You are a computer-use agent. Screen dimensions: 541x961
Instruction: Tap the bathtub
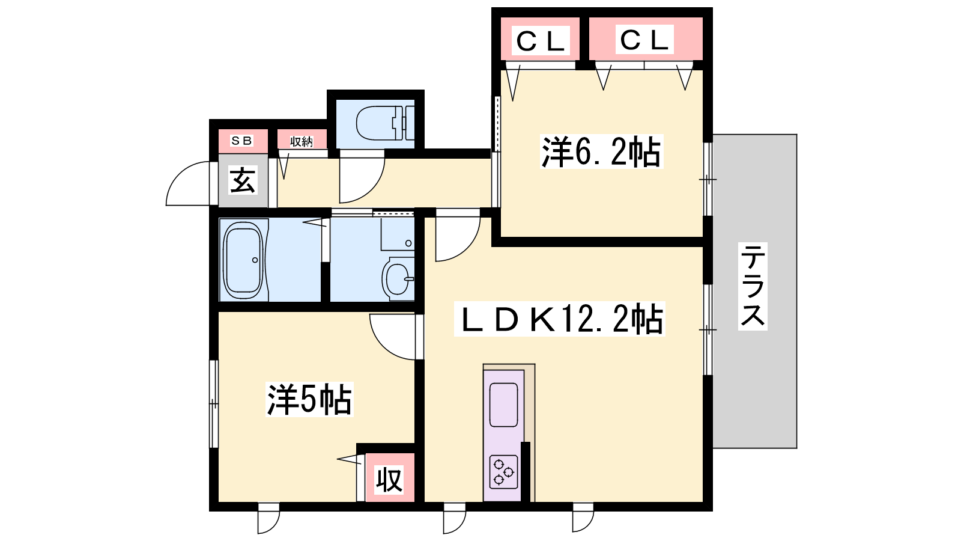coord(243,260)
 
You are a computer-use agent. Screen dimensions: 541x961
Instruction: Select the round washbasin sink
coord(397,278)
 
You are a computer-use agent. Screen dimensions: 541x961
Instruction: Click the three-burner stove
coord(503,471)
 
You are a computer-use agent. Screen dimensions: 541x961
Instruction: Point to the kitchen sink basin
coord(503,405)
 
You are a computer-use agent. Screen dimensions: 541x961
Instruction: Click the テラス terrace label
coord(753,286)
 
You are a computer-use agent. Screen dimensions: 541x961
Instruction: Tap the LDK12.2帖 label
coord(561,319)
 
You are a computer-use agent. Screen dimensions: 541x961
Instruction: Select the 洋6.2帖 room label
coord(601,151)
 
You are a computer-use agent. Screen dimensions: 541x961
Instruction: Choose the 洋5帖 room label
coord(309,399)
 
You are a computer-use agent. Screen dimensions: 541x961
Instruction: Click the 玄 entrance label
coord(243,180)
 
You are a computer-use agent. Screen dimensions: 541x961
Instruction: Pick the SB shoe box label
coord(242,141)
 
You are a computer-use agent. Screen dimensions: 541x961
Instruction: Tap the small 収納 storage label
coord(302,141)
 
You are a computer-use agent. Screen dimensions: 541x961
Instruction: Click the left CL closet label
coord(541,41)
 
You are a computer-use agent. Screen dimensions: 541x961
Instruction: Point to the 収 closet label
coord(389,480)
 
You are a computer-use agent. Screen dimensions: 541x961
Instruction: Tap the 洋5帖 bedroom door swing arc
coord(392,337)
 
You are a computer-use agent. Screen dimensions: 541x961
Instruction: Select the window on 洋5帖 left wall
coord(214,403)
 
